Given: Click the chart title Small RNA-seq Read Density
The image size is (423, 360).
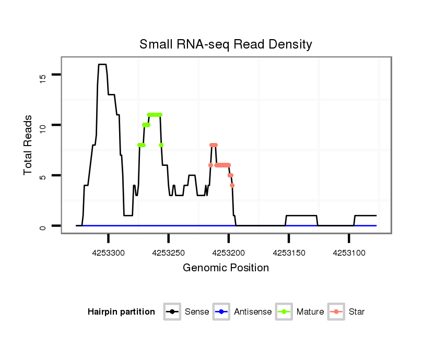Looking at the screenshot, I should tap(226, 44).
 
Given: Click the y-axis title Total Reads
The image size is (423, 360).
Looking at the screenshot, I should tap(28, 145).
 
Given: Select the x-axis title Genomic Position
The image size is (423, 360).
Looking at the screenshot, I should tap(226, 268).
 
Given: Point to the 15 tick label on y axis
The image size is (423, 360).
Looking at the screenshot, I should tap(43, 77).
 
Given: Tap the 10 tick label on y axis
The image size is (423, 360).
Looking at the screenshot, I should tap(43, 125).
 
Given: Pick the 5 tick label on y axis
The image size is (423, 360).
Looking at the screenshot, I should tap(43, 176).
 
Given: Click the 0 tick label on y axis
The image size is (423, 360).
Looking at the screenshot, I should tap(43, 226).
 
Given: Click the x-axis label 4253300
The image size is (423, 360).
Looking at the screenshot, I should tap(109, 253).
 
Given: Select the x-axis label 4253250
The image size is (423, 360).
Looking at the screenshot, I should tap(169, 253).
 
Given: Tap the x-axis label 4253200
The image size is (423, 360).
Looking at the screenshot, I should tap(228, 253).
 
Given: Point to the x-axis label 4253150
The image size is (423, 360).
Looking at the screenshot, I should tap(288, 253).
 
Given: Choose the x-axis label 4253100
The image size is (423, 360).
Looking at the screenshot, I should tap(348, 253).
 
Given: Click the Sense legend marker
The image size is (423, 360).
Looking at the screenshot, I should tap(172, 312).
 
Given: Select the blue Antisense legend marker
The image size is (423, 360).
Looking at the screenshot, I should tap(221, 312).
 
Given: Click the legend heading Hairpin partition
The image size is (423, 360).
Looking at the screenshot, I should tap(121, 312).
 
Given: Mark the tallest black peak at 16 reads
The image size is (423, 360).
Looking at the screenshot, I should tap(102, 65).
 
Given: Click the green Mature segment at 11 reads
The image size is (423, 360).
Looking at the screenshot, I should tap(155, 114).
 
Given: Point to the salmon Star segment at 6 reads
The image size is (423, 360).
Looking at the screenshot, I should tap(222, 165).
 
